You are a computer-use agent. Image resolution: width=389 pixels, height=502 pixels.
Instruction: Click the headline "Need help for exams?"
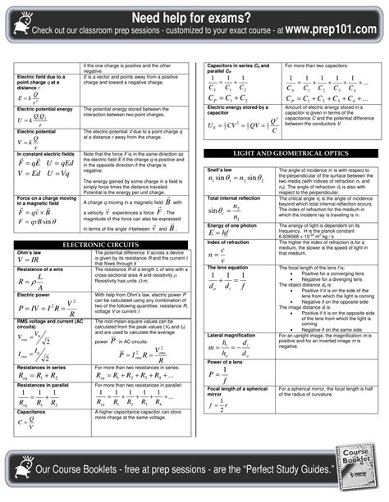[x=194, y=16]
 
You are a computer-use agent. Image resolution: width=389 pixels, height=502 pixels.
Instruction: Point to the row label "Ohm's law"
[x=31, y=253]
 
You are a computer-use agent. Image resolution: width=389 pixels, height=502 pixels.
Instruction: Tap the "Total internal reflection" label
[x=235, y=198]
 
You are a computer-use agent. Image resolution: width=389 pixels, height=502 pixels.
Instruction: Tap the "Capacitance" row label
[x=31, y=412]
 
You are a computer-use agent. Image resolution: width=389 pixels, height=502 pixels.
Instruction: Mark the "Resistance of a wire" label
[x=40, y=269]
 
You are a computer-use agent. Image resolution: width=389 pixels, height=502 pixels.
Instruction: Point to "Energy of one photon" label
[x=232, y=224]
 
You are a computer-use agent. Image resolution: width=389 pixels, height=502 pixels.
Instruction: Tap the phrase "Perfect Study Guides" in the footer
[x=287, y=470]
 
